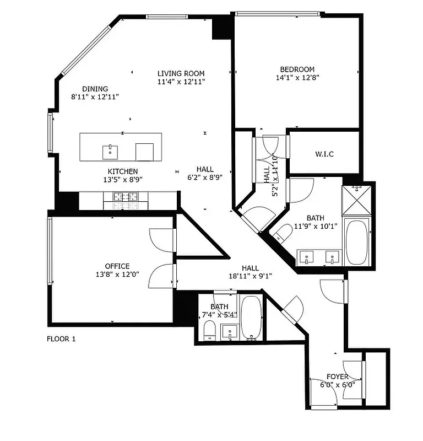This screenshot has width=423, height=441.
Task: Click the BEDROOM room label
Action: pyautogui.click(x=297, y=69)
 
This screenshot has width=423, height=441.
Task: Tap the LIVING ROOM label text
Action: pyautogui.click(x=181, y=73)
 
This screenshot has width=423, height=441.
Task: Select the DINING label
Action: pyautogui.click(x=95, y=89)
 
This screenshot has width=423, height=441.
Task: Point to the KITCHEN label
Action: pyautogui.click(x=122, y=171)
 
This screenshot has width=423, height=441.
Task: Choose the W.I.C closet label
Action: pyautogui.click(x=324, y=154)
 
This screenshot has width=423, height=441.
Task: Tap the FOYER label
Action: pyautogui.click(x=337, y=377)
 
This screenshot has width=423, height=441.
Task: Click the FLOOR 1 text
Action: pyautogui.click(x=61, y=339)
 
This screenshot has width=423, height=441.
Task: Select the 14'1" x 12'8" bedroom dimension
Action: pyautogui.click(x=297, y=78)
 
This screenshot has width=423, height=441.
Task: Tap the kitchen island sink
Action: pyautogui.click(x=111, y=150)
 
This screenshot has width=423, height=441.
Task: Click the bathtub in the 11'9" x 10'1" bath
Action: pyautogui.click(x=358, y=243)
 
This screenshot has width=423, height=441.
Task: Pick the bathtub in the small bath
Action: pyautogui.click(x=251, y=319)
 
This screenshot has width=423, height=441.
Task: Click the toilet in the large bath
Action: pyautogui.click(x=283, y=233)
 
